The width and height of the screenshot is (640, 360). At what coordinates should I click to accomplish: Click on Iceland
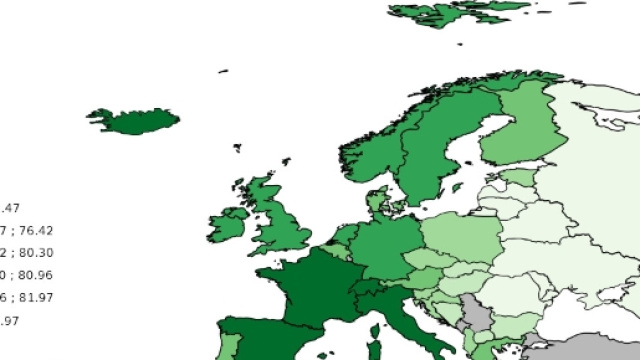click(x=135, y=121)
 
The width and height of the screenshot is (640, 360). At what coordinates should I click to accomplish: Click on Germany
click(x=377, y=245)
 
